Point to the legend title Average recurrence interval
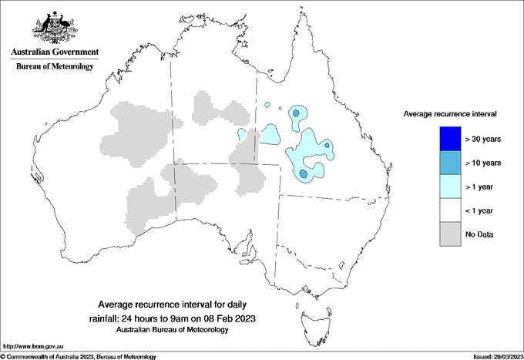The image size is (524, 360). click(x=450, y=113)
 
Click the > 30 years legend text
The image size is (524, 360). click(x=484, y=139)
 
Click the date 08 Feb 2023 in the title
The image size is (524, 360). click(x=230, y=318)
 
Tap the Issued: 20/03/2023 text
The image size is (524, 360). click(x=497, y=356)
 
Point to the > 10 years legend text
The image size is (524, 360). click(x=484, y=163)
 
